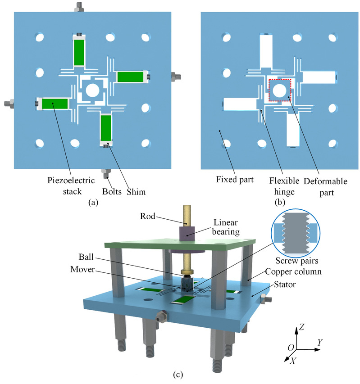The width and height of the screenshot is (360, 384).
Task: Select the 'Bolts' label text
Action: tap(112, 192)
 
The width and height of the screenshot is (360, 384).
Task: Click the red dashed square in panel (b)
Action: tap(280, 90)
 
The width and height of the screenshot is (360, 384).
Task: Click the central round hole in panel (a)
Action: tap(93, 90)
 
